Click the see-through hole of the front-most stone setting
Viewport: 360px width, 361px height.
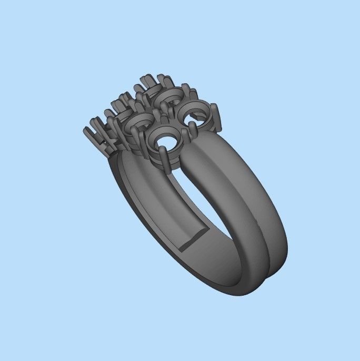pyautogui.click(x=167, y=142)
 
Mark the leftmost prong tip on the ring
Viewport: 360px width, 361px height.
pyautogui.click(x=86, y=130)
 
